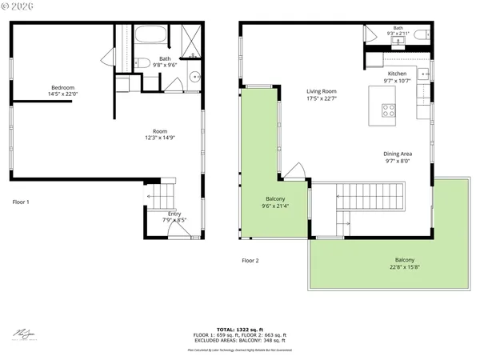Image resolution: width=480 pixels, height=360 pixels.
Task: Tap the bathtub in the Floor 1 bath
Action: point(150,35)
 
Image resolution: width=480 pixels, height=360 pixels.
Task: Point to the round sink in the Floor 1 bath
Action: point(195,78)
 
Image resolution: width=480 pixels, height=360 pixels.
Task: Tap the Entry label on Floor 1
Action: point(174,217)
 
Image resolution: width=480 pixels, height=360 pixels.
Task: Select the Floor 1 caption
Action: point(21,202)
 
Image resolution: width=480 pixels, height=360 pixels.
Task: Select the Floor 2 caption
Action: point(250,260)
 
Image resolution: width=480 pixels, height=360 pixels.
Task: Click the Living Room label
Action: point(321,95)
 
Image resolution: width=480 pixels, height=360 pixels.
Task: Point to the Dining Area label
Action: point(397,157)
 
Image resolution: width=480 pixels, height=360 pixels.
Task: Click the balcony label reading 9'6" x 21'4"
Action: point(275,202)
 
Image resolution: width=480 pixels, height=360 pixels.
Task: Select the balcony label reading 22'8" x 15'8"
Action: point(404,264)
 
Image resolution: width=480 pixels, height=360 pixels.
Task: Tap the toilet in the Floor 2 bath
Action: point(423,35)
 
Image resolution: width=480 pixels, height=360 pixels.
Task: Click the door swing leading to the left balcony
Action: point(294,172)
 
